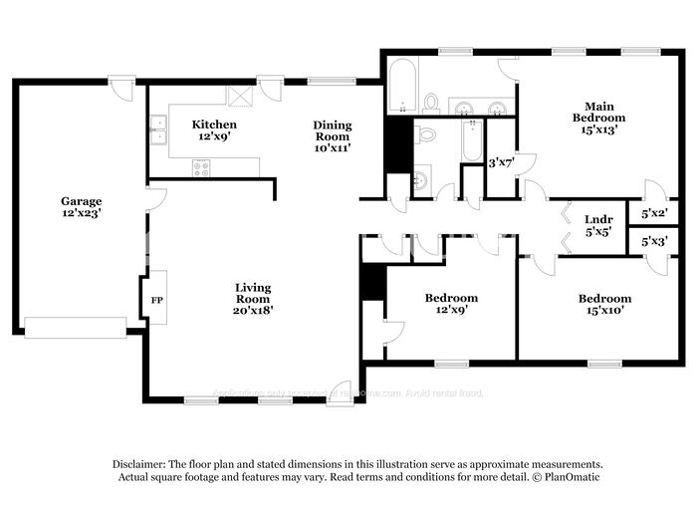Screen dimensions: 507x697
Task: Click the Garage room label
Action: (81, 207)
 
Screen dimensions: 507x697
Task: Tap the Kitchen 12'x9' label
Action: (214, 130)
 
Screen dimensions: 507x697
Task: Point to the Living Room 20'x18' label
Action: (253, 299)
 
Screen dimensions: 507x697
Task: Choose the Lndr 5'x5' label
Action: (597, 225)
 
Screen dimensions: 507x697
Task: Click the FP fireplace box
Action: (156, 299)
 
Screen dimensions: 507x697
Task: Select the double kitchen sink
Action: (158, 132)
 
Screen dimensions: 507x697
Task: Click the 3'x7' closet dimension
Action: (500, 162)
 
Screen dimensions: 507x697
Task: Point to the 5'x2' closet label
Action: (653, 213)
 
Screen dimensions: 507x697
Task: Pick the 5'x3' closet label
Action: (653, 241)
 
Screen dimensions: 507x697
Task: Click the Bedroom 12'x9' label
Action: (451, 304)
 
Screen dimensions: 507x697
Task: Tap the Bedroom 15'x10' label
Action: (604, 304)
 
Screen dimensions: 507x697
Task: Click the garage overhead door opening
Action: (76, 328)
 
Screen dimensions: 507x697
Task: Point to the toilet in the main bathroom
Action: (431, 102)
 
